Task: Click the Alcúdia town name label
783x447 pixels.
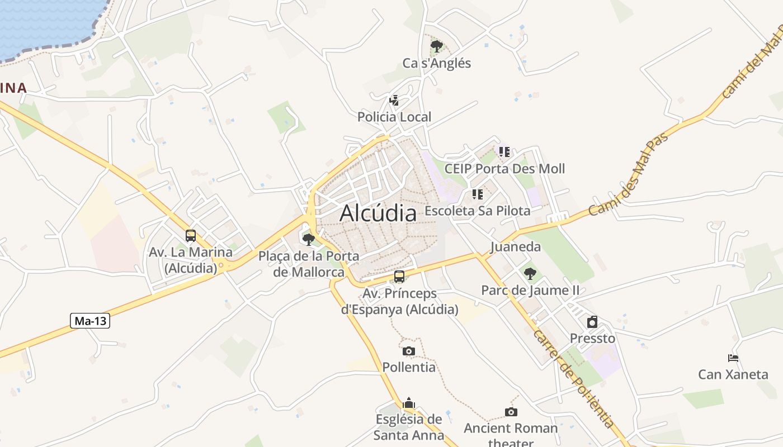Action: [x=378, y=213]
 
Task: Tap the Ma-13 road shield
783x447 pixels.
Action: [x=90, y=321]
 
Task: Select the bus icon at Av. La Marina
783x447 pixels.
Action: [x=191, y=236]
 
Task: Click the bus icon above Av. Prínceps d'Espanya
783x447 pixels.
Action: [x=399, y=276]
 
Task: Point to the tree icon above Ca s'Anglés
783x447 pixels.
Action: [x=437, y=46]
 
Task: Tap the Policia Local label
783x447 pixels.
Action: [x=394, y=117]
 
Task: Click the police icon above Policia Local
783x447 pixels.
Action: [x=394, y=101]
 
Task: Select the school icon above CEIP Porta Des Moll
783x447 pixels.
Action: [x=504, y=151]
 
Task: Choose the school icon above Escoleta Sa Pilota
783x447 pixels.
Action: [x=478, y=194]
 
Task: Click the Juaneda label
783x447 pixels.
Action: [x=515, y=247]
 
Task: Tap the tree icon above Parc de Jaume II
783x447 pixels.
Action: [x=530, y=274]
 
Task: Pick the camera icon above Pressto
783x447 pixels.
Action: [x=592, y=322]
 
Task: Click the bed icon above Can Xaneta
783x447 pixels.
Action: [x=733, y=358]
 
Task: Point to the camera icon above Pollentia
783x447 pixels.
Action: [x=409, y=351]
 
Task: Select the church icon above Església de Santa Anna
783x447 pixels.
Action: [x=409, y=403]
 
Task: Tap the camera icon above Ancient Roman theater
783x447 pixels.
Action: [x=511, y=412]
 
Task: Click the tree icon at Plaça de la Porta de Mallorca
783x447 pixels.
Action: [x=308, y=240]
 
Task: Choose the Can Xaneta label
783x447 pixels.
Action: [x=733, y=374]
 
